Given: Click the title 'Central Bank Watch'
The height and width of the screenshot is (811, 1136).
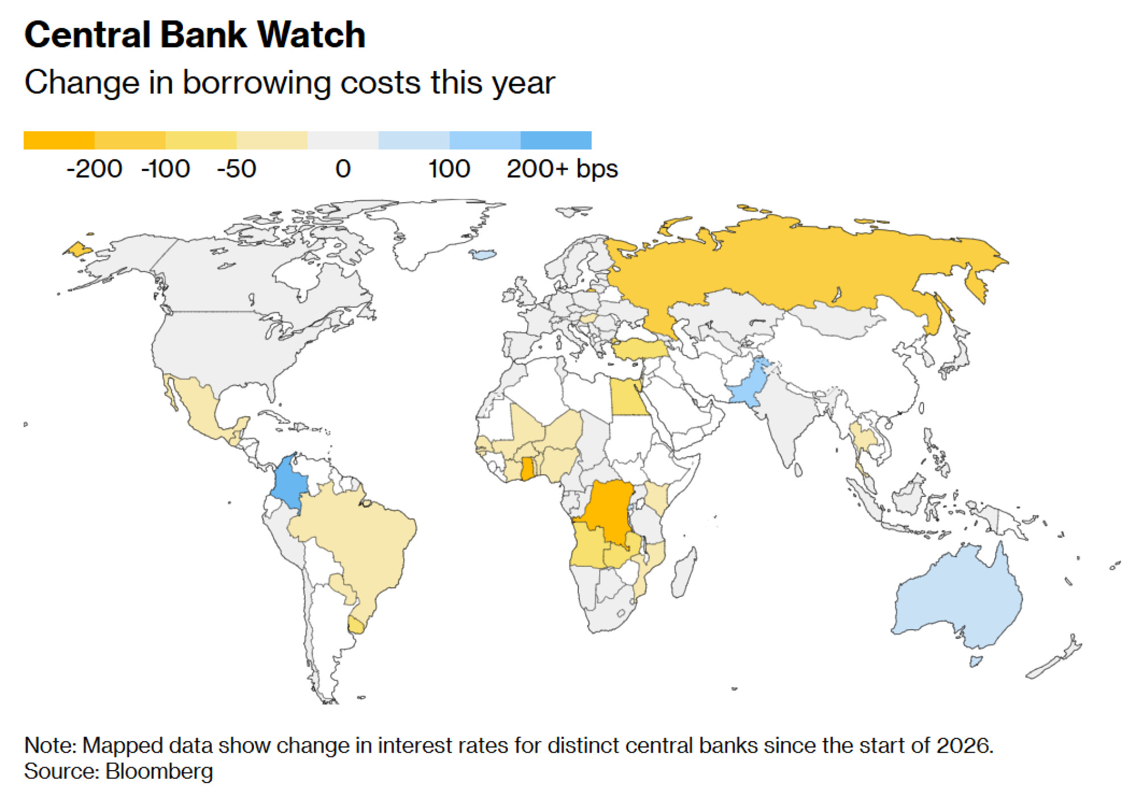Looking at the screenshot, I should point(194,35).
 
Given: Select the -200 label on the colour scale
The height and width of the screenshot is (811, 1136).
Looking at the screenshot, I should point(94,169).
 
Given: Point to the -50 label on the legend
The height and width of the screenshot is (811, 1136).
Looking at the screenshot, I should point(236,169).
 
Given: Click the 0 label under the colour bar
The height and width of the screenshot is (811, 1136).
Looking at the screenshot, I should point(343,169).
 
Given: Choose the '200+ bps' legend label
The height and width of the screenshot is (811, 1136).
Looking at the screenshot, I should point(562,169).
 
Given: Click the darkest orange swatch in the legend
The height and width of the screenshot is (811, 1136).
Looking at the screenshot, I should point(59,140).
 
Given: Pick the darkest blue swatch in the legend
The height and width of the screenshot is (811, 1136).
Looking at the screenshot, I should point(556,140).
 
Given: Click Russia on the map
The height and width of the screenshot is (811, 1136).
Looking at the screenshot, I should point(795,267).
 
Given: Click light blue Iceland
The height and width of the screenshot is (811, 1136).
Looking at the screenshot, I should point(484,254).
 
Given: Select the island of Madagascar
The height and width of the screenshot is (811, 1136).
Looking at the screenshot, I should point(683,574).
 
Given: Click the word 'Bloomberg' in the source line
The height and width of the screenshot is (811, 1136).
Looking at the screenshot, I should point(159,771).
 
